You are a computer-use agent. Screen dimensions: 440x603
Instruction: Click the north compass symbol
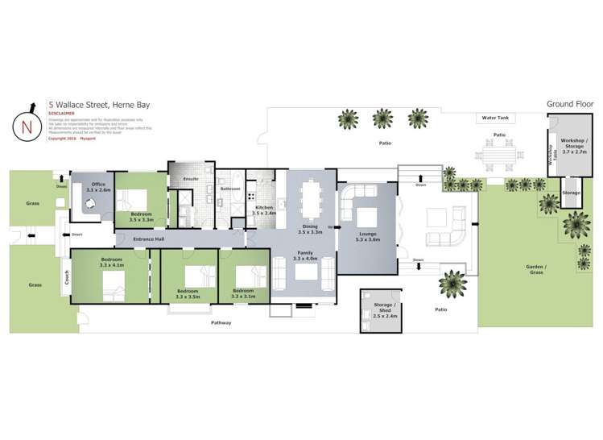(x=27, y=126)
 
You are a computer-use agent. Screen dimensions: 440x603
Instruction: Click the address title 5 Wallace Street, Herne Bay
(x=98, y=105)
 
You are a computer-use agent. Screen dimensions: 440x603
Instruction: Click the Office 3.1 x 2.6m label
(x=100, y=186)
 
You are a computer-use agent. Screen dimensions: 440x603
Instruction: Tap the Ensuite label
(x=191, y=178)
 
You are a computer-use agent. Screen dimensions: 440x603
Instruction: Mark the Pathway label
(x=221, y=322)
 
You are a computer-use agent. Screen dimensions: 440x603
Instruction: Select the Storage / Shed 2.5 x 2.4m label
(x=381, y=313)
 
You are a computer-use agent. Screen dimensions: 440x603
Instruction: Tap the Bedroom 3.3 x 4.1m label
(x=109, y=263)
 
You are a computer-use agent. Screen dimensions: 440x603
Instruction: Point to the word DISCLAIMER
(x=63, y=114)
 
